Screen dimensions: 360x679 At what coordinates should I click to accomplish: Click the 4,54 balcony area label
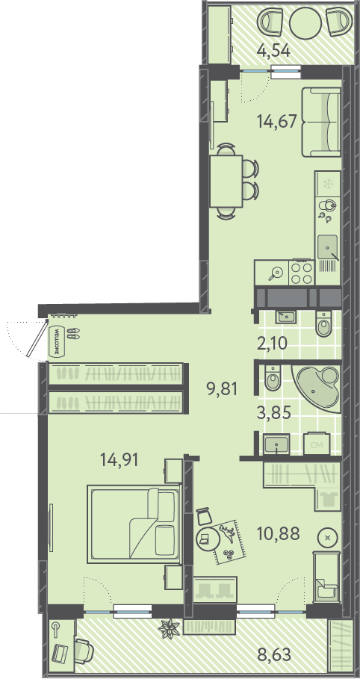click(x=273, y=51)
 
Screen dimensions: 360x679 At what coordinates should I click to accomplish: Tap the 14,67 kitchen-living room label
click(x=277, y=121)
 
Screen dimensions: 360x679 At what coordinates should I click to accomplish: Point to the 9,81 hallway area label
click(x=223, y=390)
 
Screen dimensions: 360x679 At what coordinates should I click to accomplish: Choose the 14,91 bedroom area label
click(x=120, y=459)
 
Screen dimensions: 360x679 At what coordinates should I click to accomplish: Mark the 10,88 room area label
click(x=278, y=533)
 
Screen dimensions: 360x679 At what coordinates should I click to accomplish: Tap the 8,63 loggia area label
click(x=274, y=654)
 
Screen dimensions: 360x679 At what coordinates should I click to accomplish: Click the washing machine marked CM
click(x=317, y=443)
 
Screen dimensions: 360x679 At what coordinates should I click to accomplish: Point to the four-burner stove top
click(x=301, y=273)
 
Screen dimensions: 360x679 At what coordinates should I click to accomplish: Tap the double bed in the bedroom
click(x=134, y=524)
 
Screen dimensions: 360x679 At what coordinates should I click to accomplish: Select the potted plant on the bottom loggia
click(x=169, y=628)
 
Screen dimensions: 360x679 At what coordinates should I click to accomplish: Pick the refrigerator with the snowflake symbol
click(x=328, y=185)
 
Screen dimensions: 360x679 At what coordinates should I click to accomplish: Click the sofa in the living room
click(x=321, y=122)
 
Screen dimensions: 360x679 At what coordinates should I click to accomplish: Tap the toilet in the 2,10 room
click(x=323, y=324)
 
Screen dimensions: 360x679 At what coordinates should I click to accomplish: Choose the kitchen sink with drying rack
click(x=328, y=253)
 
